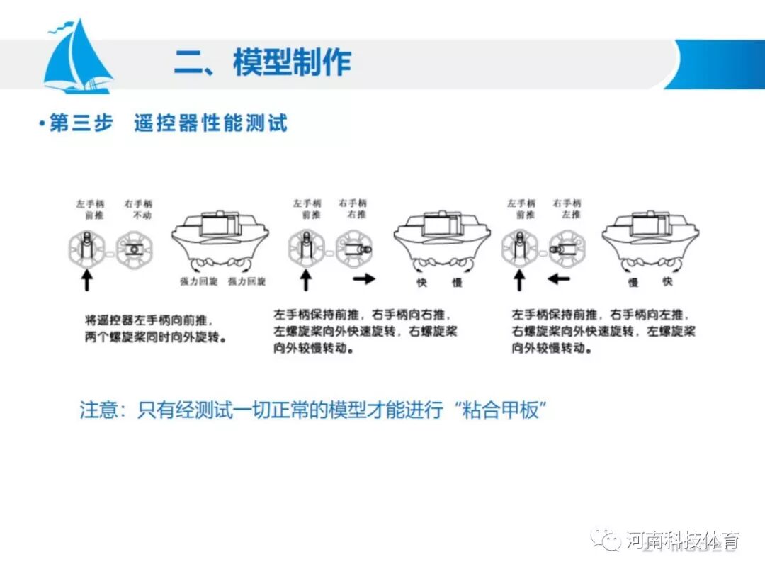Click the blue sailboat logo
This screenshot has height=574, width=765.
[x=78, y=58]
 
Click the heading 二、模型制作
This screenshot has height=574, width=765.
[x=263, y=63]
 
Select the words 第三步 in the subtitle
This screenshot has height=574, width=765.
[x=81, y=123]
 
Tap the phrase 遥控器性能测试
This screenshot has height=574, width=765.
[x=210, y=123]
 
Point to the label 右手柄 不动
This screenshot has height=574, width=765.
[x=137, y=209]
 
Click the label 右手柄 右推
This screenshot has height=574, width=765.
[x=353, y=209]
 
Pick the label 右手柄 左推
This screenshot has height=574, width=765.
[x=567, y=209]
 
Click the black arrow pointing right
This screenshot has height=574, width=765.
[x=364, y=279]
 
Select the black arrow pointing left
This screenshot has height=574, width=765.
[x=559, y=279]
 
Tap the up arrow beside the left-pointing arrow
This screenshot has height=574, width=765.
[x=519, y=281]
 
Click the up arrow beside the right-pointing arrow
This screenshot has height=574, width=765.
[x=306, y=281]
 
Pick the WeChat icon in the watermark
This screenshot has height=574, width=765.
[x=608, y=541]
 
